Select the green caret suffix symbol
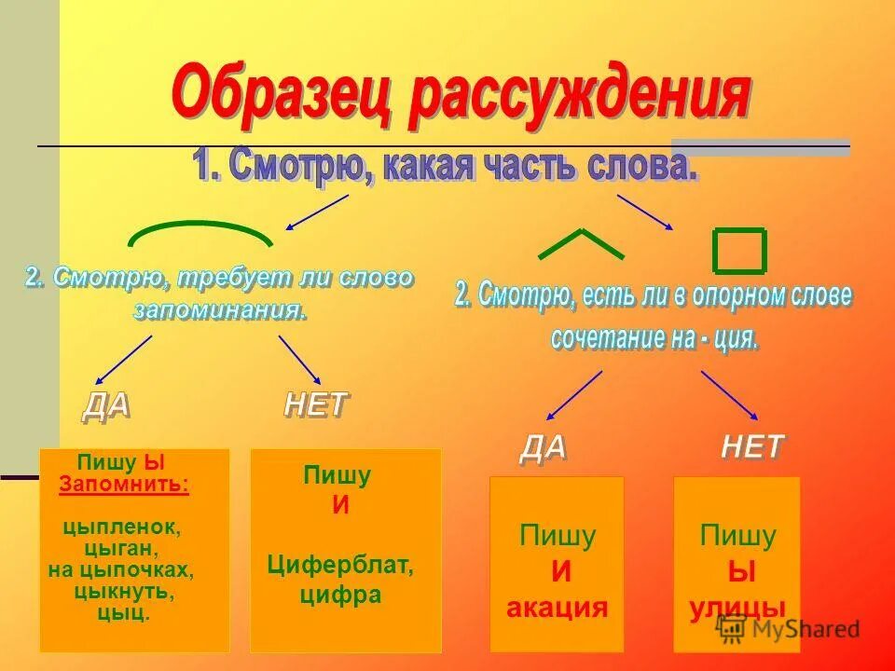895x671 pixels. coord(581,243)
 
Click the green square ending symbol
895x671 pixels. coord(739,250)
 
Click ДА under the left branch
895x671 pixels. coord(106,405)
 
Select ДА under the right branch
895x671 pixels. coord(543,448)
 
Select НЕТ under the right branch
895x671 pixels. coord(752,447)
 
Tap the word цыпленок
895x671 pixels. coord(122,527)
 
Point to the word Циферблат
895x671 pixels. coord(340,564)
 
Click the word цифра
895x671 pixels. coord(340,595)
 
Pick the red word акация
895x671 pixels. coord(557,609)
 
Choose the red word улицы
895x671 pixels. coord(737,609)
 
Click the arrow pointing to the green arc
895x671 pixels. coord(316,212)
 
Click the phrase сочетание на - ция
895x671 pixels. coord(654,338)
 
